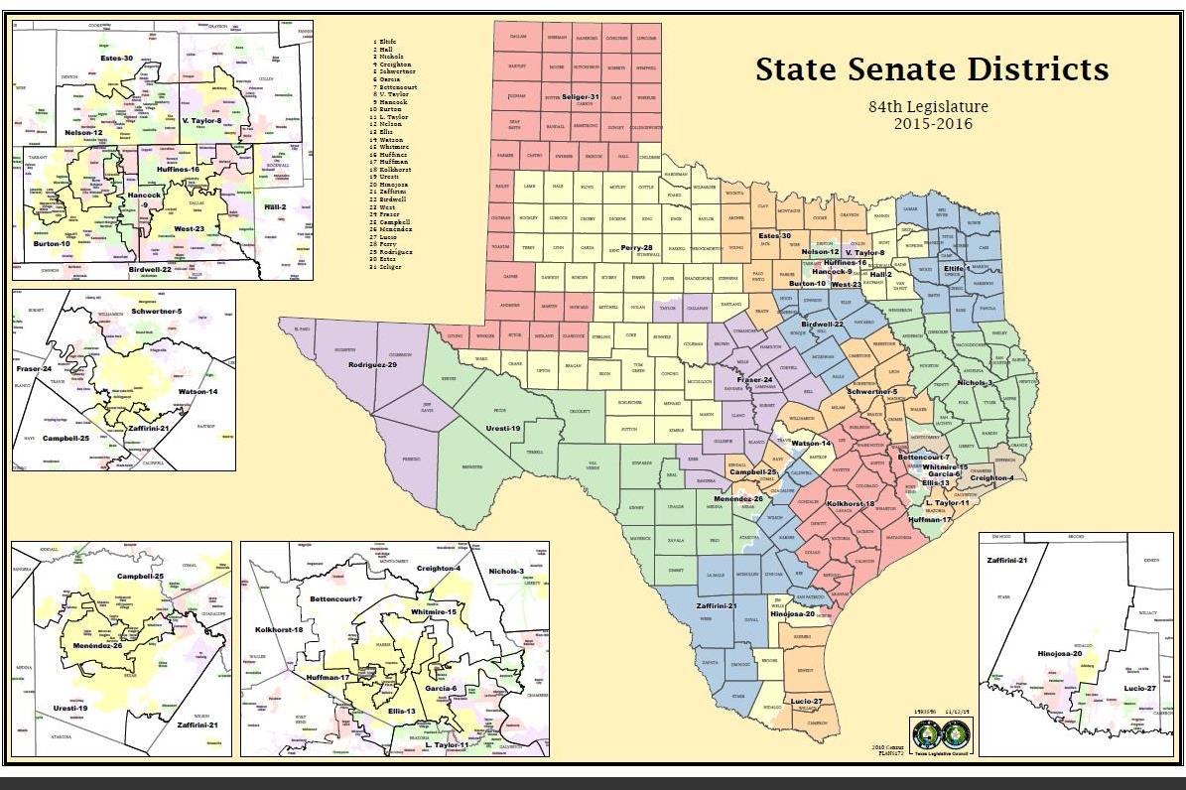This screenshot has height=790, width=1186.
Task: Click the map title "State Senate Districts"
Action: [931, 69]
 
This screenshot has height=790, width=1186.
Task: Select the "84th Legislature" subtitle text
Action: [928, 106]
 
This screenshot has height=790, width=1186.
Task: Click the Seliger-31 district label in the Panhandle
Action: [576, 96]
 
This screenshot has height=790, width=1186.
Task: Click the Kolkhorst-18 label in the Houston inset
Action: [279, 630]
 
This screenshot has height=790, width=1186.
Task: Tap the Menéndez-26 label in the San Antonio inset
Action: [98, 646]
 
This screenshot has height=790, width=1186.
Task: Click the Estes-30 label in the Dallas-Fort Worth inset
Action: [115, 59]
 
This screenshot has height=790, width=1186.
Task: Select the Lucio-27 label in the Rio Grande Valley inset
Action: [1139, 687]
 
